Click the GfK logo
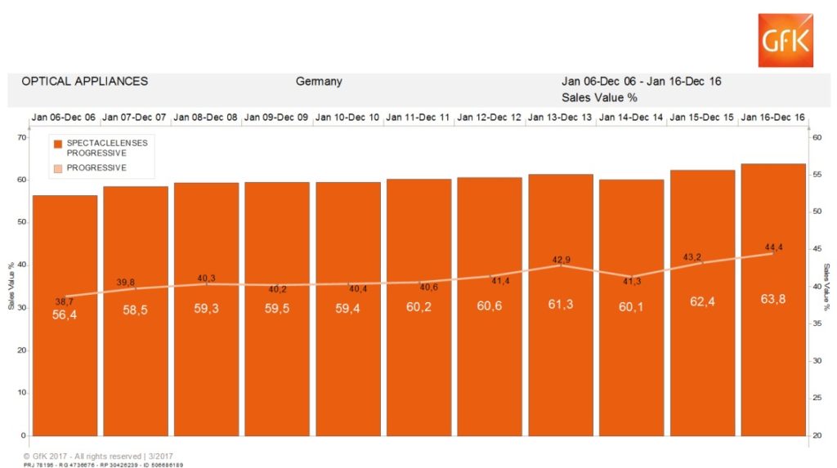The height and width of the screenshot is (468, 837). (785, 41)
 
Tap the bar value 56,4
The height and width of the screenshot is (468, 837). (65, 314)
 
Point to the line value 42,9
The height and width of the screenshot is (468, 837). (561, 261)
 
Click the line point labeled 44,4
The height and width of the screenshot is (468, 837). (772, 253)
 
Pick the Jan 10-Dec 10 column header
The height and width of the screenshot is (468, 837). (347, 118)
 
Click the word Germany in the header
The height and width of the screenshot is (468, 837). (319, 82)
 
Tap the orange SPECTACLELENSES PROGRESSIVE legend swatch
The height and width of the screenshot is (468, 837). (58, 144)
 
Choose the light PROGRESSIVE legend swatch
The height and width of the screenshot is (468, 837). (58, 168)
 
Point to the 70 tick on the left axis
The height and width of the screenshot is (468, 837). (21, 137)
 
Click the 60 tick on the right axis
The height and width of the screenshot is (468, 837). (815, 137)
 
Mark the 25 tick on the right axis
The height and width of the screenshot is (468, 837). (815, 399)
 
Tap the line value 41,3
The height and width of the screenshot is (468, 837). (631, 281)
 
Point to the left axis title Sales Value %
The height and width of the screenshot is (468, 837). (11, 286)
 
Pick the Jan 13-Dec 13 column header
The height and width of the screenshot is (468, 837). (560, 118)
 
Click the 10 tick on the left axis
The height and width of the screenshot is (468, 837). (21, 393)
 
